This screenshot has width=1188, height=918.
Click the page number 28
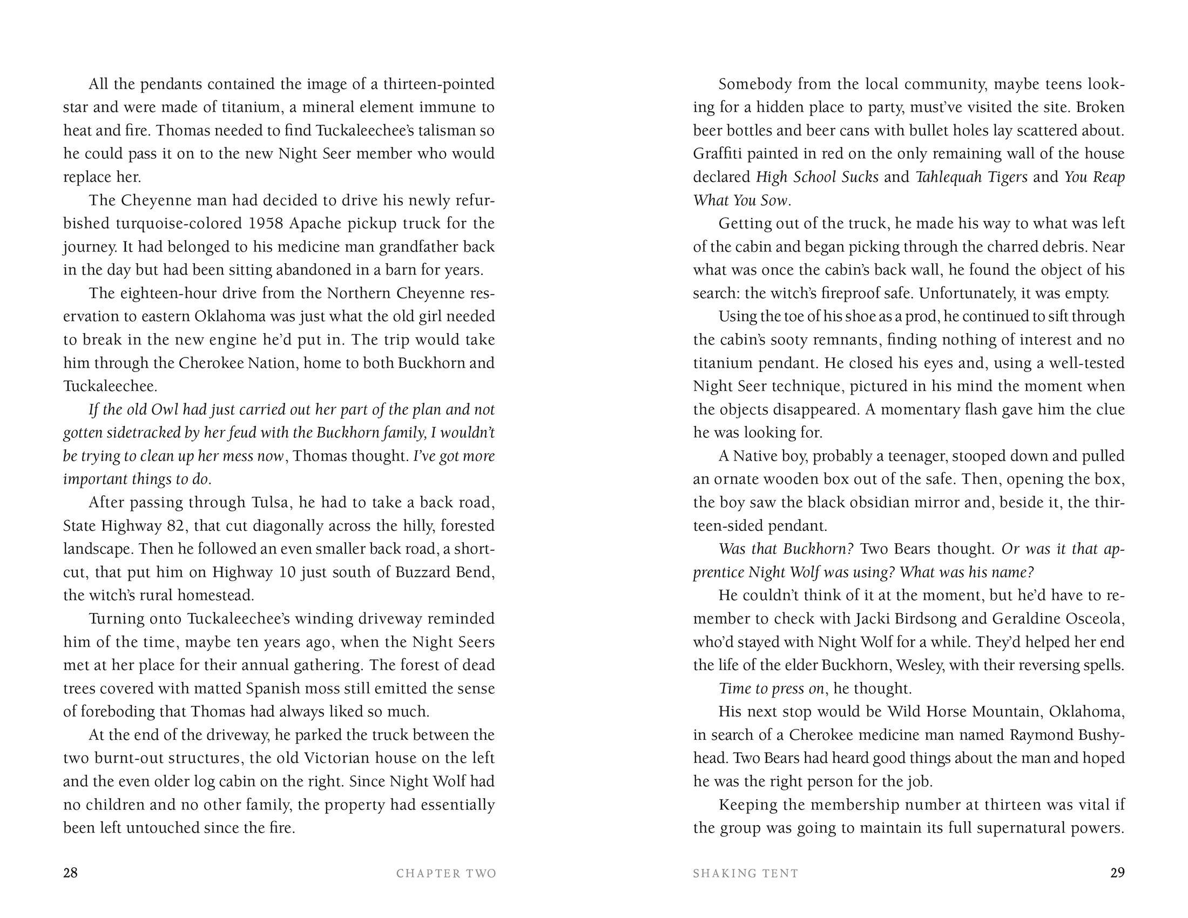pos(71,873)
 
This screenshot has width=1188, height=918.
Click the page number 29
pos(1117,873)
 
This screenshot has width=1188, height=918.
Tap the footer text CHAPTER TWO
pos(446,873)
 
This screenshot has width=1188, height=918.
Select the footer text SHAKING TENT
pos(746,873)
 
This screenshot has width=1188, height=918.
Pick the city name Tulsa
pos(269,503)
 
